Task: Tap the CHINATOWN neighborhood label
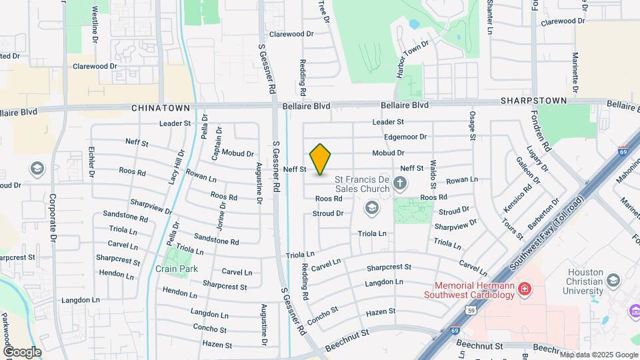(161, 107)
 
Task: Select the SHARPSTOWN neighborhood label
(533, 101)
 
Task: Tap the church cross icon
(400, 183)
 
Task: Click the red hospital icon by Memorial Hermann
(525, 289)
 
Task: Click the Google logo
(22, 351)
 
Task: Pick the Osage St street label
(472, 125)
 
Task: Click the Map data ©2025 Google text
(599, 354)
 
